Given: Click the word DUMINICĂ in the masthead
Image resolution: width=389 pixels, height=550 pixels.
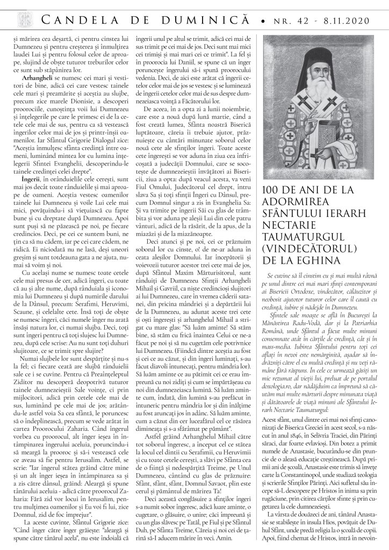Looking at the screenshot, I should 189,20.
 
